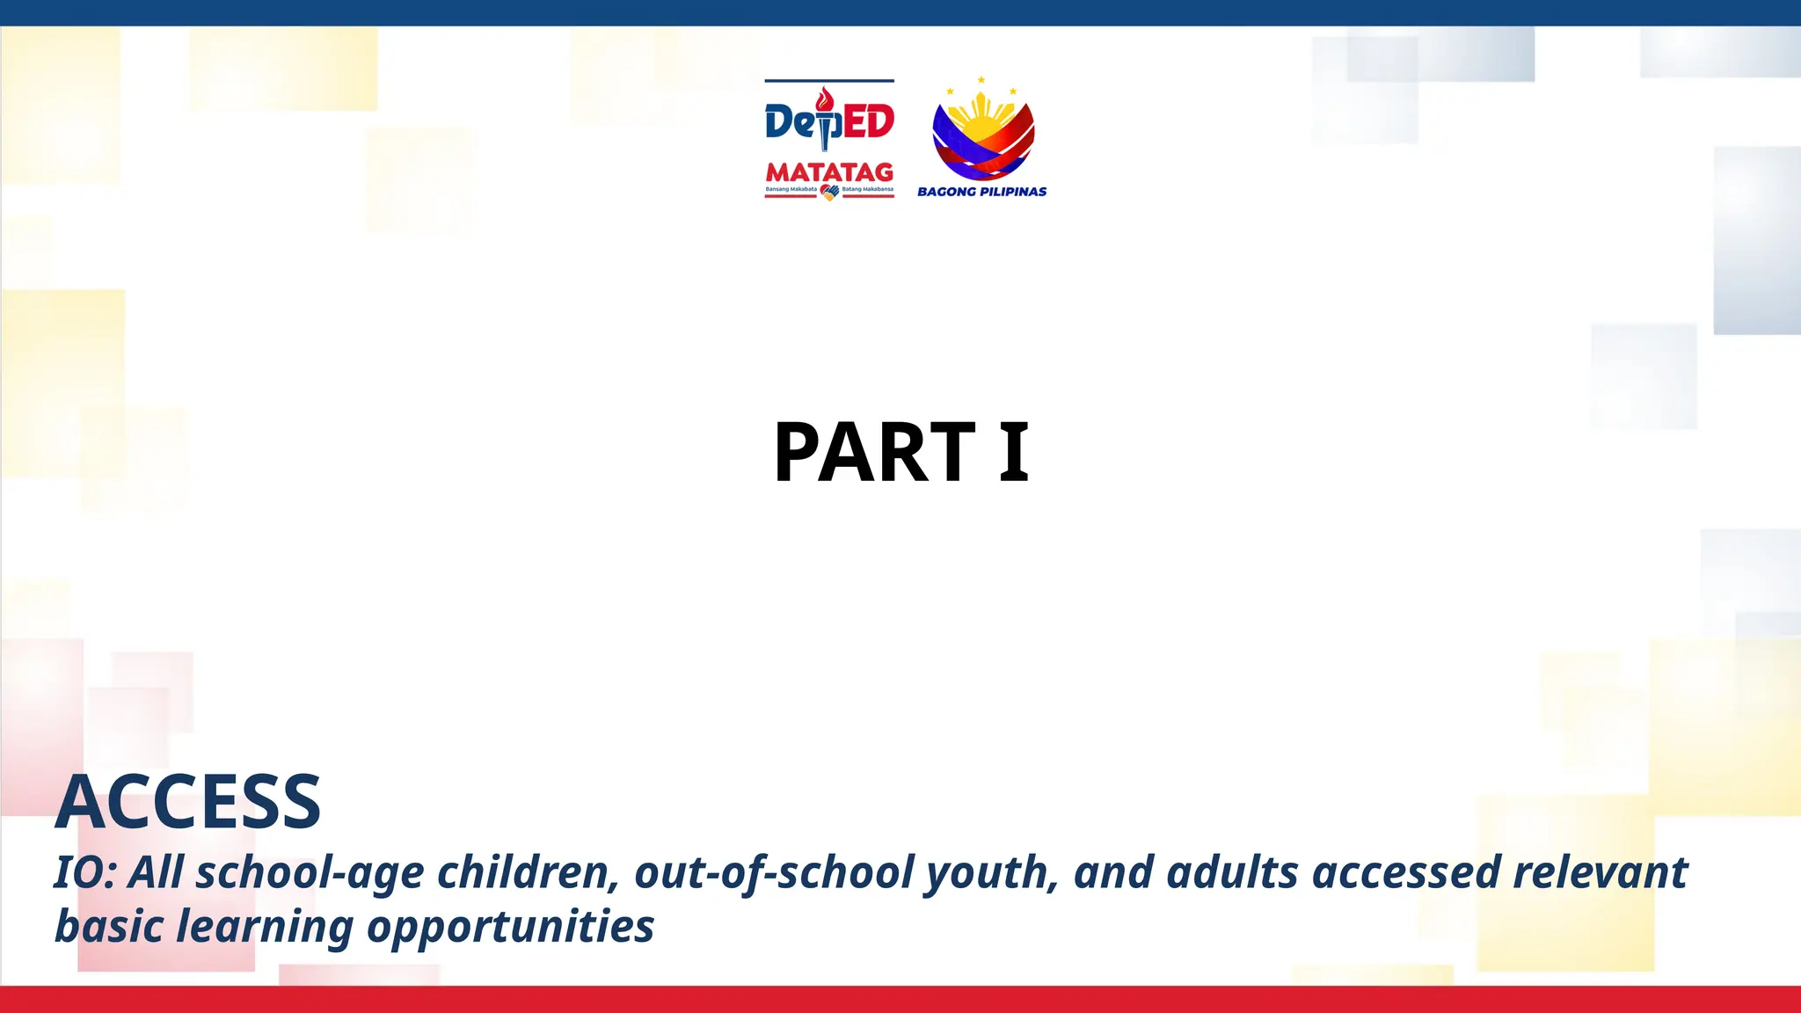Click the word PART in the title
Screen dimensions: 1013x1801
(x=874, y=453)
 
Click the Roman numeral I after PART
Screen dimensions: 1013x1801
(x=1014, y=453)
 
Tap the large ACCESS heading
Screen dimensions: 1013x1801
(x=188, y=802)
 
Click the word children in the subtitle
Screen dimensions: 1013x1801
(x=528, y=872)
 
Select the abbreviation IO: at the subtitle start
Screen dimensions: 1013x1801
(x=84, y=872)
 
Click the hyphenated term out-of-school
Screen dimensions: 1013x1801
(x=774, y=872)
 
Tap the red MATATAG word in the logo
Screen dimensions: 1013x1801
(x=829, y=171)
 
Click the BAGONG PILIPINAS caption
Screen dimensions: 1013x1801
(x=981, y=192)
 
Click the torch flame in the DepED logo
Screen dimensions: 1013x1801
(x=824, y=98)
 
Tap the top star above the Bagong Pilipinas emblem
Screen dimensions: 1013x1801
(x=981, y=80)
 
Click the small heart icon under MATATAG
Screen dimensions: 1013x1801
(x=829, y=193)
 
